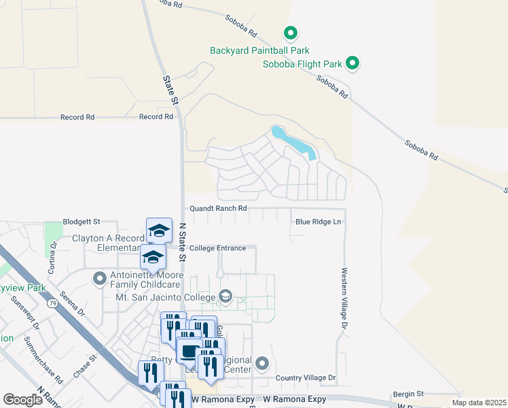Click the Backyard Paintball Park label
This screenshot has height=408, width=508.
(259, 50)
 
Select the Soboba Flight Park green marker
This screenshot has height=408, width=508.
(352, 64)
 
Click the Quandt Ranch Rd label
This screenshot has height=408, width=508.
(217, 208)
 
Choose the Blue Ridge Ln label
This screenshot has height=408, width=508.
(318, 222)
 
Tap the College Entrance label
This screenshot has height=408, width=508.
(217, 248)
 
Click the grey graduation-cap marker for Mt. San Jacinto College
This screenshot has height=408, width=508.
(225, 296)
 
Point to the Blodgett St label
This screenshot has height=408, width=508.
(81, 222)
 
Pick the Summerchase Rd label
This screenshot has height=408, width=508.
(40, 358)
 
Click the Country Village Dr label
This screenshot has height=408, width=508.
(306, 377)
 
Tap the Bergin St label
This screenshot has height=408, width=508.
(407, 394)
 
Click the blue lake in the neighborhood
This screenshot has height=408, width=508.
(293, 142)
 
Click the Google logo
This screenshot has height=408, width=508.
(22, 400)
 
